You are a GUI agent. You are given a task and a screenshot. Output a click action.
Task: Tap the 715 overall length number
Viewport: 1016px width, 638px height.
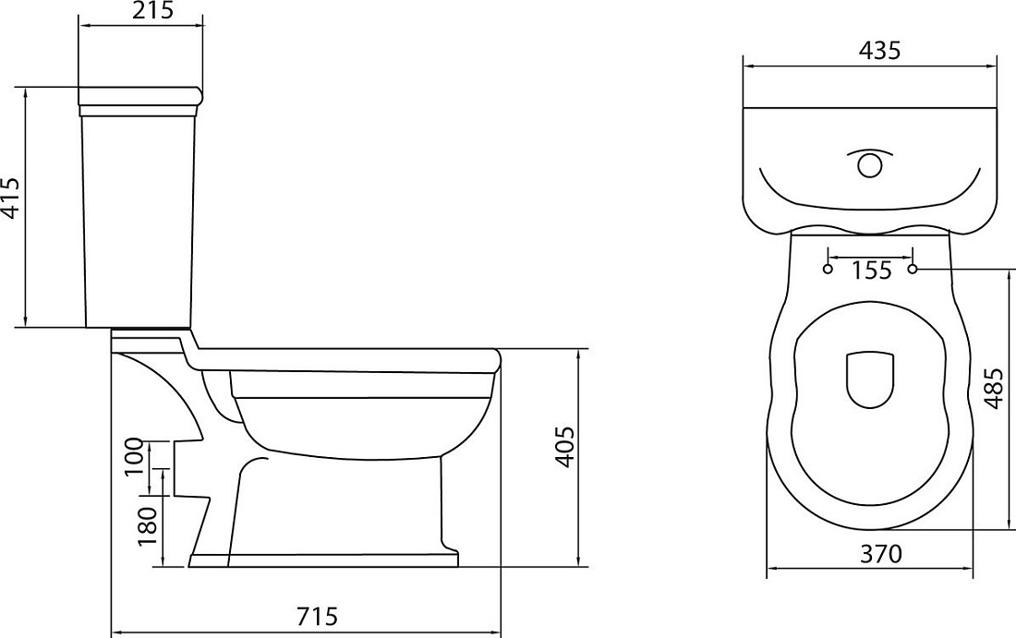click(x=317, y=615)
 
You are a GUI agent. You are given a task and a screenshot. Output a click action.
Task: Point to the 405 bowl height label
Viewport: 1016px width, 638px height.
click(x=565, y=447)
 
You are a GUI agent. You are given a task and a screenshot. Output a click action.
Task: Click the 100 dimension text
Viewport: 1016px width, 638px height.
click(x=134, y=456)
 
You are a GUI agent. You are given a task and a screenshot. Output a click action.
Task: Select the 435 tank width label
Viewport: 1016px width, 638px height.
click(x=879, y=50)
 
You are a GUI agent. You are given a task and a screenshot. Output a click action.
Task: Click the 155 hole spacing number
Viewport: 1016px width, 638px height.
click(x=871, y=271)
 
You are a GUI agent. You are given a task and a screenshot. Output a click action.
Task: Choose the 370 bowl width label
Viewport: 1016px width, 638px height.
click(x=880, y=554)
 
